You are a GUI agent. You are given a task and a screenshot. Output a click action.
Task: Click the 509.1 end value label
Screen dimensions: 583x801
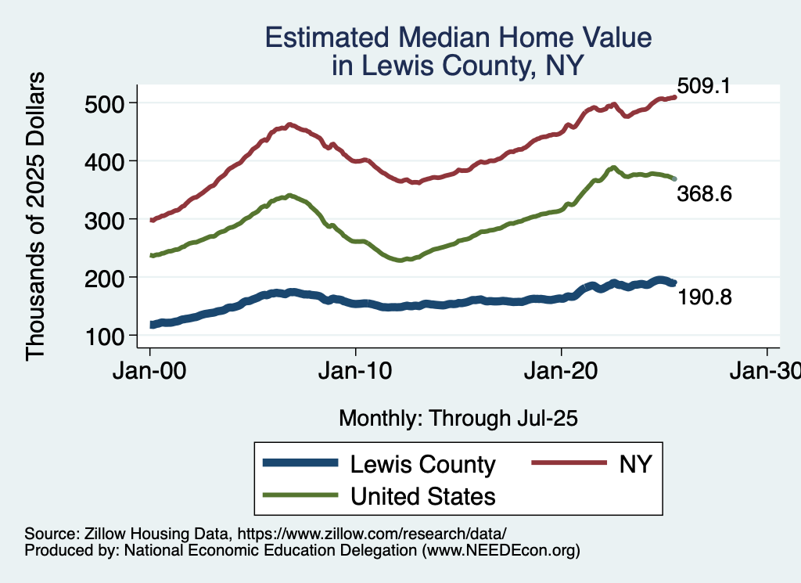pos(703,86)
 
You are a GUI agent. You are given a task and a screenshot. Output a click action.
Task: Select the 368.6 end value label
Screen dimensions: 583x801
pos(704,194)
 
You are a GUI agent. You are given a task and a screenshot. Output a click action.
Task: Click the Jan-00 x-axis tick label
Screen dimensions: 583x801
pos(150,372)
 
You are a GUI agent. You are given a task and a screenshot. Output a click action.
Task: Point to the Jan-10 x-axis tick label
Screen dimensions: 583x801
pos(356,372)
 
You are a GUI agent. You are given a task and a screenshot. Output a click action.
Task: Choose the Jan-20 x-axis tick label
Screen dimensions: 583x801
pos(562,372)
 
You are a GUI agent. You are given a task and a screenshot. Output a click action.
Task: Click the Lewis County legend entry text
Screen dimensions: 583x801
pos(423,465)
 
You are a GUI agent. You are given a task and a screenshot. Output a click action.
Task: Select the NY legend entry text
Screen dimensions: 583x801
pos(635,465)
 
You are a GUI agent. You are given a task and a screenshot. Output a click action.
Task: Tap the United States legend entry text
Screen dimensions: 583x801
pos(423,496)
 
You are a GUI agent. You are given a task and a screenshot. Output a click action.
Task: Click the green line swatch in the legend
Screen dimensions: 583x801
pos(300,496)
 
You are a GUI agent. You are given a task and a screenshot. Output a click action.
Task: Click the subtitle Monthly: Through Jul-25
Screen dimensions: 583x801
pos(458,419)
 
